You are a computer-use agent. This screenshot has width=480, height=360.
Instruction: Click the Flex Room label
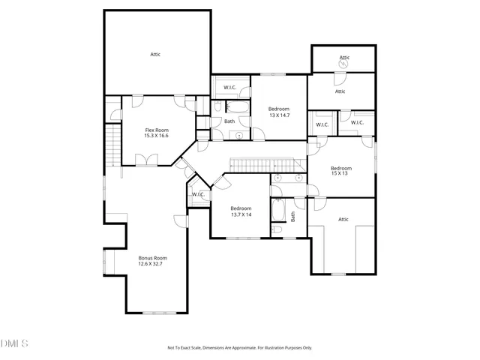pos(156,130)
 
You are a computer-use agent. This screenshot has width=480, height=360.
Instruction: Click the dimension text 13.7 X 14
pos(241,214)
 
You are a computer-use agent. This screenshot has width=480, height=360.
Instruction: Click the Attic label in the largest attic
pos(155,54)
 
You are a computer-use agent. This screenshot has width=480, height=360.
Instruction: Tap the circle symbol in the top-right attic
pos(344,63)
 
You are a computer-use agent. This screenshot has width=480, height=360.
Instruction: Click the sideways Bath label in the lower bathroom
pos(293,217)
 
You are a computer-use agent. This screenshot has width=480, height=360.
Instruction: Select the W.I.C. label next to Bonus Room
pos(198,195)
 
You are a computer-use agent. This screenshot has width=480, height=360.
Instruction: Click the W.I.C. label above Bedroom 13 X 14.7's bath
pos(229,88)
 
